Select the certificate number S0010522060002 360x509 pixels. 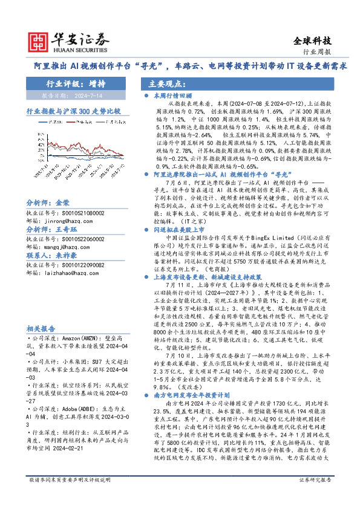pyautogui.click(x=57, y=239)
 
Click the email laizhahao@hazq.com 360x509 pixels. pyautogui.click(x=63, y=273)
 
